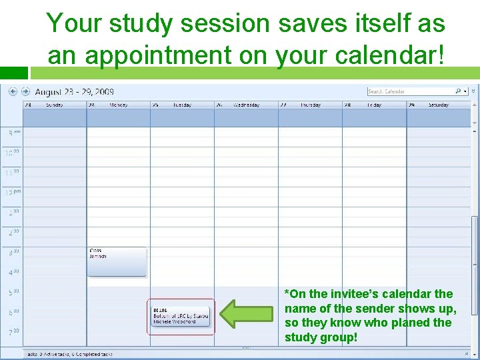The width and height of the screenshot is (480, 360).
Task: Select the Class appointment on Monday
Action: (117, 261)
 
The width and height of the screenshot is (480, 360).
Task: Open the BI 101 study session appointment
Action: (181, 317)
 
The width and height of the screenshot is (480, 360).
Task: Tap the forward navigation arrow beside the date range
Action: (25, 91)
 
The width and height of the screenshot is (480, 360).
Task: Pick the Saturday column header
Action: (438, 105)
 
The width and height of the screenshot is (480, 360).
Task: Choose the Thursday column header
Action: (310, 105)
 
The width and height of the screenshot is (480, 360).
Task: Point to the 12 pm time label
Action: (13, 193)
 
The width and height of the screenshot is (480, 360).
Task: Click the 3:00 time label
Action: (13, 253)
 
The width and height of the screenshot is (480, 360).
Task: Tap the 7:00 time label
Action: (13, 331)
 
